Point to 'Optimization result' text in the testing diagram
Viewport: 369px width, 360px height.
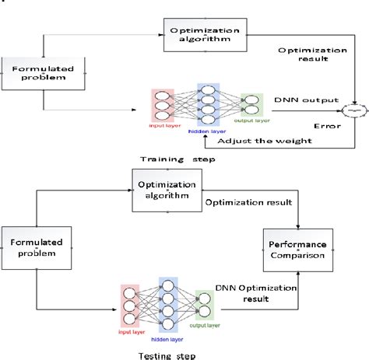(x=248, y=204)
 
